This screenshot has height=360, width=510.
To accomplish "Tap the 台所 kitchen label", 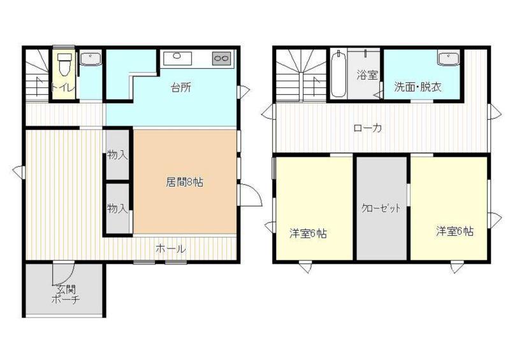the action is point(181,87).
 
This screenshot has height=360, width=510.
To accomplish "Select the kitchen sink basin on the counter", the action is point(178,58).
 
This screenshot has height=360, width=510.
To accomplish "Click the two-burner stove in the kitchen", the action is point(221,59).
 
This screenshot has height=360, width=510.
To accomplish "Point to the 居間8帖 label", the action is point(184,182).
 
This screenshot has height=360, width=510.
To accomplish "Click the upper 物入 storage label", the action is point(117,155).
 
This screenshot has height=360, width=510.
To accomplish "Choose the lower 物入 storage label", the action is point(117,208).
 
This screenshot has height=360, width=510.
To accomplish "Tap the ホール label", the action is point(171,248).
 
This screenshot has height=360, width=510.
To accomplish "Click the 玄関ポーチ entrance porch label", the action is point(66,294).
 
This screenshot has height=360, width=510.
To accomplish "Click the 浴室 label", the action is point(367,75).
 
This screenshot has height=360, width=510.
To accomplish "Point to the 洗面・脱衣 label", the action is point(418,87).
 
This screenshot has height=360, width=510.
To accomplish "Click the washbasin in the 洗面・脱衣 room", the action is point(448,59).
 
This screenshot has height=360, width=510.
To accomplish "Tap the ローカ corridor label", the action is point(368,128).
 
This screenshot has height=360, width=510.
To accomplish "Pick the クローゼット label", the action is point(381,208).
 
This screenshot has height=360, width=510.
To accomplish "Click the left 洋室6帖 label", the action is point(308,234).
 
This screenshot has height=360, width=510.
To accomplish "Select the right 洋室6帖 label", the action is point(455,231).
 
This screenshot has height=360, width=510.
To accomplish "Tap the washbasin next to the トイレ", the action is point(91,59).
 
